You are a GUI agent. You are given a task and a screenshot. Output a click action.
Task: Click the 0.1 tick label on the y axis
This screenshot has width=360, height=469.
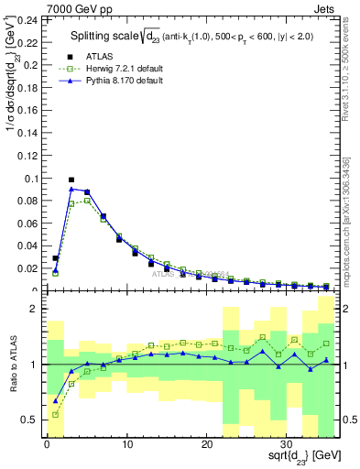(31, 179)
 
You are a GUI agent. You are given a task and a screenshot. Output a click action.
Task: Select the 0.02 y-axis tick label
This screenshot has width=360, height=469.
(27, 268)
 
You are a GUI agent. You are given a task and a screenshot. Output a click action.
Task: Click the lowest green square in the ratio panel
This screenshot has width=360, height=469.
(56, 414)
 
